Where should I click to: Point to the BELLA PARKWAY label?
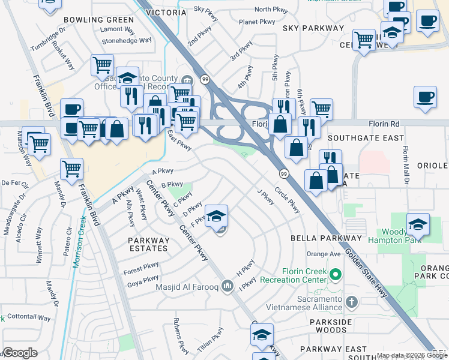coord(325,238)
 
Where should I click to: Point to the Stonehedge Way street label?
coord(126,41)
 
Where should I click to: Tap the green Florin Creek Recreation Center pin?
coord(335,276)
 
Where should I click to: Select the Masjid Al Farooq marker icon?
coord(226,286)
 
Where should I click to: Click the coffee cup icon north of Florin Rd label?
coord(426,97)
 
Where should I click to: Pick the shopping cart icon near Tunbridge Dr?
coord(103,64)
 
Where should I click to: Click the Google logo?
coord(20,353)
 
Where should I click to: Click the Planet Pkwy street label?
coord(257,22)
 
